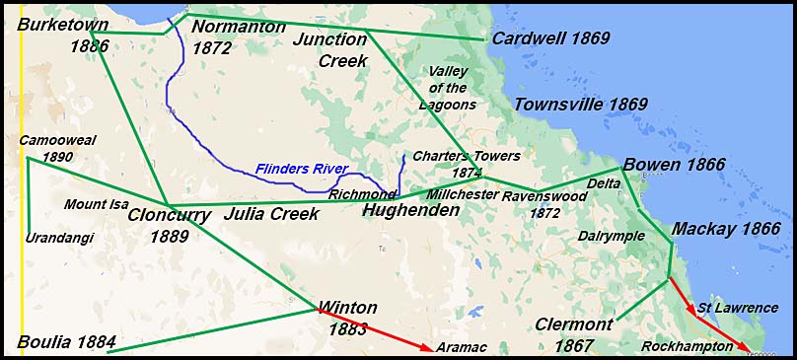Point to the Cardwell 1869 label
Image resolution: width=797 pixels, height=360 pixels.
tap(550, 38)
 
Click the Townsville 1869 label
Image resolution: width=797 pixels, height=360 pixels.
tap(581, 105)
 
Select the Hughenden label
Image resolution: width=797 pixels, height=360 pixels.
tap(411, 210)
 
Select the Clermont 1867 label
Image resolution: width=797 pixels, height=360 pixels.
tap(573, 334)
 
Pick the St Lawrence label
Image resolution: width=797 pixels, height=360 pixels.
tap(737, 308)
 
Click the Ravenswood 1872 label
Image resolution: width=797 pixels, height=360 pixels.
tap(543, 202)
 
